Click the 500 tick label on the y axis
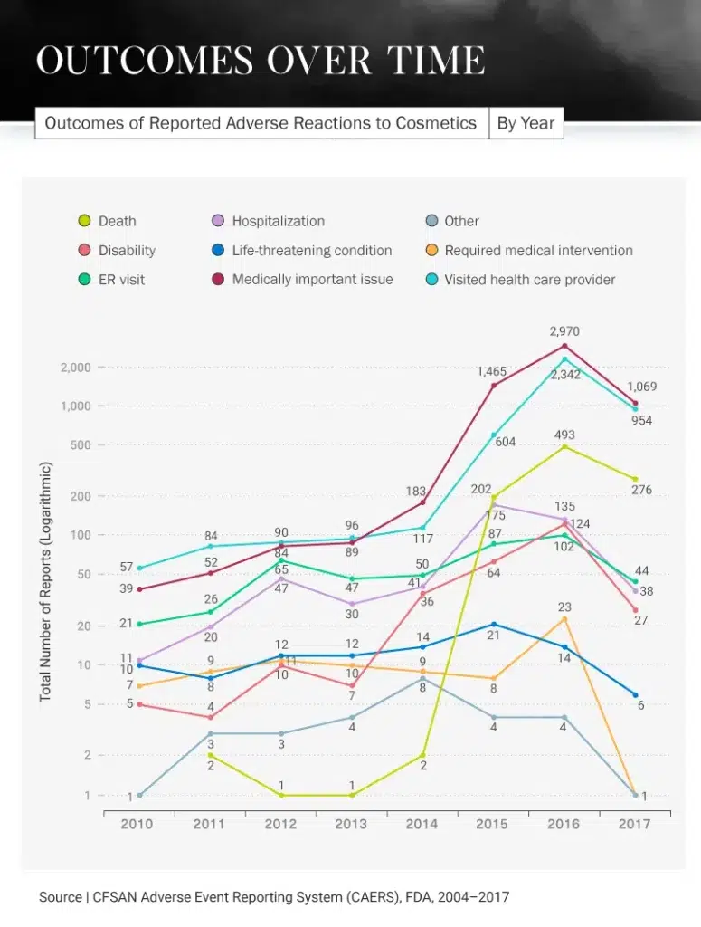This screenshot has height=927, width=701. (81, 445)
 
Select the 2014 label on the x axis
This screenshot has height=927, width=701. (422, 824)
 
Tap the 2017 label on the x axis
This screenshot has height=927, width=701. (636, 824)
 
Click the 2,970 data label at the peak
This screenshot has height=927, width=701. (564, 332)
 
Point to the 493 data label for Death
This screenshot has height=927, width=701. (564, 435)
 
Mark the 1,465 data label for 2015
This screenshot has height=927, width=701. (491, 371)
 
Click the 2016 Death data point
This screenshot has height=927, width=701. (564, 446)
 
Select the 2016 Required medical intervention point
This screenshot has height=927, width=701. (564, 618)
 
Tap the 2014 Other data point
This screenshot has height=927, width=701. (422, 678)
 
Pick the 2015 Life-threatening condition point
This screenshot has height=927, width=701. (493, 624)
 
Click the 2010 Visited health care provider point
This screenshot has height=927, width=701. (139, 568)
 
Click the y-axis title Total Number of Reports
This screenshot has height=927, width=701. (46, 582)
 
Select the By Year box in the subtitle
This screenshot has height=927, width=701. (526, 123)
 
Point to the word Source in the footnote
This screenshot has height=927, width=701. (60, 897)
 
